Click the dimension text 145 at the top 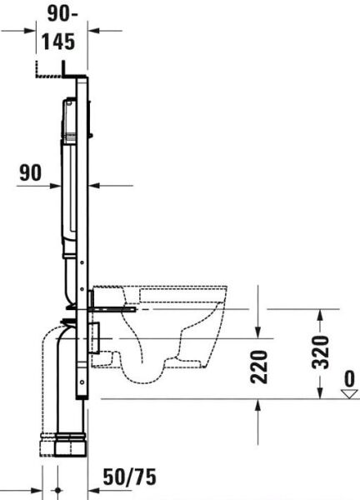point(62,41)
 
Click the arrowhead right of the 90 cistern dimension point(94,185)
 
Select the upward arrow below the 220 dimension point(260,406)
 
